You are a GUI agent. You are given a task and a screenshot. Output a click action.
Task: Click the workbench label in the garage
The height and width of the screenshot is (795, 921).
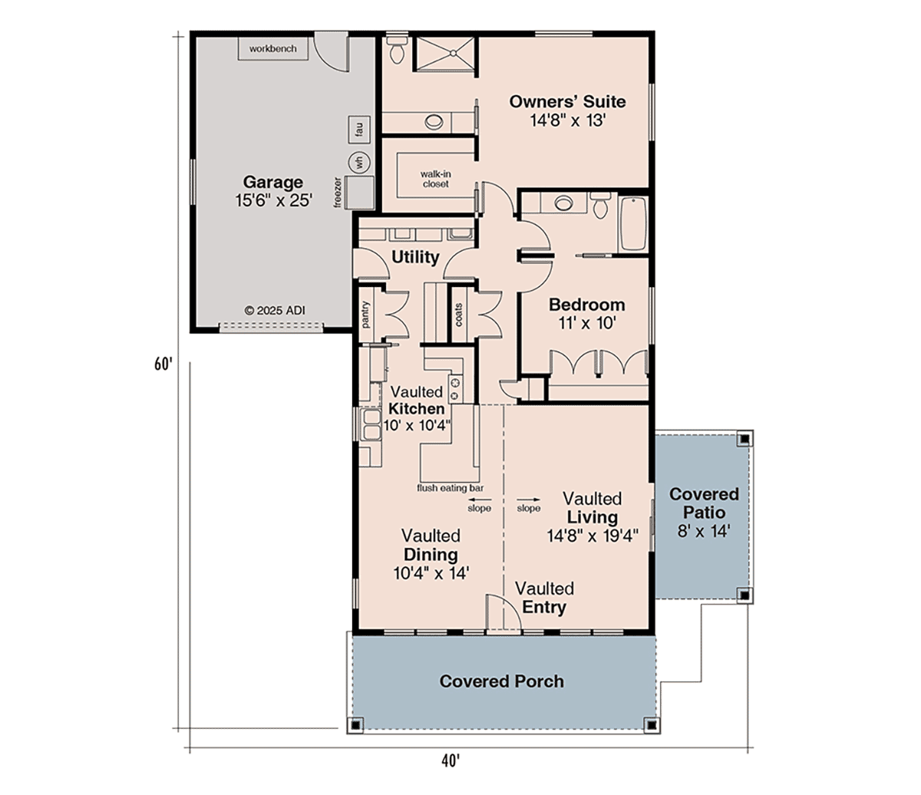[272, 48]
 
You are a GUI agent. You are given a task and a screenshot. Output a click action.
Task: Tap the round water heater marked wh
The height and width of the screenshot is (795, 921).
[360, 162]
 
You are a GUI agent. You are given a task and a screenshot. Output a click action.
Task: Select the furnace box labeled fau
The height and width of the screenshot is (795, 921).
[359, 129]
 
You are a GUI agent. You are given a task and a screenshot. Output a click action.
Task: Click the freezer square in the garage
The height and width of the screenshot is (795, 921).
[360, 192]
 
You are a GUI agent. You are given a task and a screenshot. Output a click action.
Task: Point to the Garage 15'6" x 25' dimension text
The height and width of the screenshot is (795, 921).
[273, 200]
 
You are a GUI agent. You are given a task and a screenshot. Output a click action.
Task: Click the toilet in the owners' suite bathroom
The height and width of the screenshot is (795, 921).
[396, 49]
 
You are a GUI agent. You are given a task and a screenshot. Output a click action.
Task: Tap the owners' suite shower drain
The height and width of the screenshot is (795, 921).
[453, 53]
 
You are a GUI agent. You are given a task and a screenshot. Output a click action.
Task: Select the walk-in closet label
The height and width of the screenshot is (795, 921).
[435, 179]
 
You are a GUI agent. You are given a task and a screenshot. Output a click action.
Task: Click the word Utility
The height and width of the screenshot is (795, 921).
[415, 257]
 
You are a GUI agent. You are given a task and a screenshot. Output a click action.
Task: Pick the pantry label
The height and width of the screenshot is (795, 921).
[366, 315]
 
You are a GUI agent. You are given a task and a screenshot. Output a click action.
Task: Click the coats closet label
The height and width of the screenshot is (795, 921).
[458, 315]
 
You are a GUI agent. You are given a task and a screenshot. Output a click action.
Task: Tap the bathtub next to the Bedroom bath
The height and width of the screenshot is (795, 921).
[632, 224]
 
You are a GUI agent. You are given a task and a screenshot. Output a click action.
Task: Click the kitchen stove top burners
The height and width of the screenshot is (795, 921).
[456, 388]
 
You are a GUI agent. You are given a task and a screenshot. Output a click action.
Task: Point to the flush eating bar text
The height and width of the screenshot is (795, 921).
[450, 488]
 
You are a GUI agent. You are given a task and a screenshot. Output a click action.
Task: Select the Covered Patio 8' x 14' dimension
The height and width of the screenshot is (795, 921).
[704, 531]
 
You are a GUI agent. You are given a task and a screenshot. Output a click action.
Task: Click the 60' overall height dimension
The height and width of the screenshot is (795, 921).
[163, 364]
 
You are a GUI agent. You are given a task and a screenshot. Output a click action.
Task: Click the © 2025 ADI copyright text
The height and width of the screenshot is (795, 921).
[275, 311]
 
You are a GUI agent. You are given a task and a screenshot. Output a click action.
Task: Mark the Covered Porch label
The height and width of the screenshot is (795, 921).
[502, 681]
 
